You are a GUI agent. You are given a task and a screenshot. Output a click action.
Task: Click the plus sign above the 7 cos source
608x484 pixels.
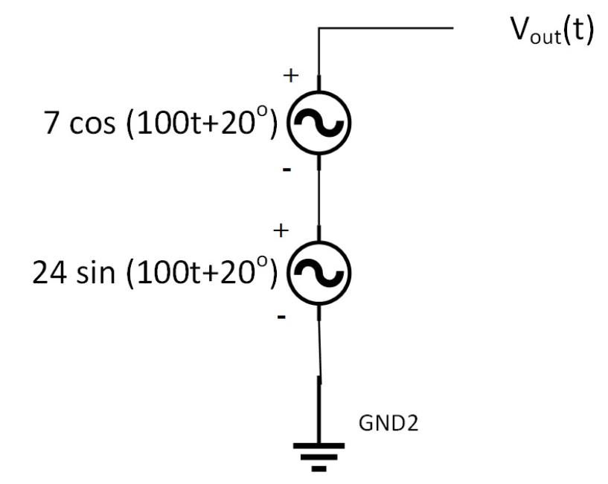click(x=291, y=75)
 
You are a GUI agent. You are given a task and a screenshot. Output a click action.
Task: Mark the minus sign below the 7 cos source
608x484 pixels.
click(x=288, y=170)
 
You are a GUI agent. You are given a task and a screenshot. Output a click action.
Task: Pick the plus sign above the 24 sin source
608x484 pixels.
click(x=281, y=230)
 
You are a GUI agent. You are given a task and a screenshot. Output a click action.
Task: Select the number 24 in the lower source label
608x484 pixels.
click(x=47, y=273)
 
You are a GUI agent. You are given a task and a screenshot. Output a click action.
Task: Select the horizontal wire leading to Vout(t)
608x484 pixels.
click(x=387, y=29)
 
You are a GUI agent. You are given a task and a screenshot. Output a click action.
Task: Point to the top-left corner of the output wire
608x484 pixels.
click(x=319, y=29)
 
